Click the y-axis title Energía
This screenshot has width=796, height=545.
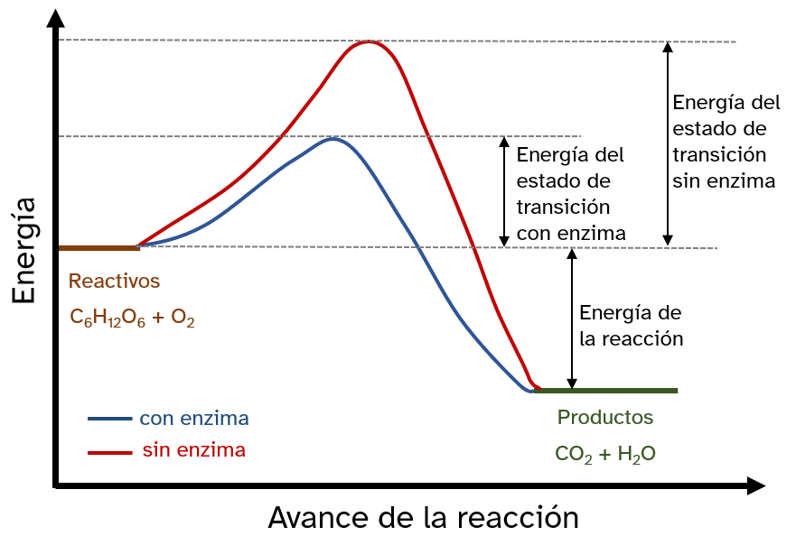tap(24, 250)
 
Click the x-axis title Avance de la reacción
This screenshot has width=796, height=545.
tap(423, 518)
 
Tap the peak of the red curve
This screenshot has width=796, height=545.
tap(369, 42)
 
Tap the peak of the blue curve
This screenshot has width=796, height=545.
tap(333, 139)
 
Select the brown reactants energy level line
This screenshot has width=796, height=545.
tap(98, 246)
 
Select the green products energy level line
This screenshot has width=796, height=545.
tap(605, 391)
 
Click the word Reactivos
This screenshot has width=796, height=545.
tap(115, 282)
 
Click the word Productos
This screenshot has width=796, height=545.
tap(604, 418)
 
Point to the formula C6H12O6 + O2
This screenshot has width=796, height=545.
tap(133, 318)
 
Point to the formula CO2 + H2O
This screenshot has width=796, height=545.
tap(604, 455)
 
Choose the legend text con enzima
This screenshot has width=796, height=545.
tap(194, 419)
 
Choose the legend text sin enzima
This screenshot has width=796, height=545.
tap(193, 449)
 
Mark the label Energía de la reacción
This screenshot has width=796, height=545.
tap(631, 326)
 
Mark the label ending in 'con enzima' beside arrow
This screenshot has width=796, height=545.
tap(570, 193)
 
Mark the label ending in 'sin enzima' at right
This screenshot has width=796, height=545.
tap(724, 141)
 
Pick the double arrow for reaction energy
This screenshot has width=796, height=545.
tap(571, 319)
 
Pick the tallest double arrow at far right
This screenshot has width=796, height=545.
tap(668, 143)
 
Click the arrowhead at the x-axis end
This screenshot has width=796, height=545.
tap(756, 487)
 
